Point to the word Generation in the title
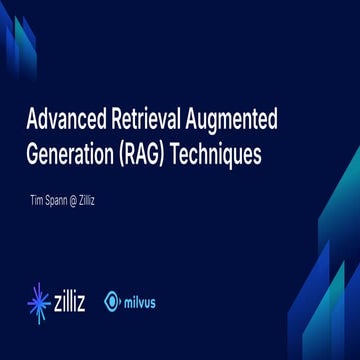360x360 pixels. (67, 157)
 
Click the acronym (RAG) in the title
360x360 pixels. (146, 157)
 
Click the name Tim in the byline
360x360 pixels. (40, 200)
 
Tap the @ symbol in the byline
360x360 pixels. (83, 200)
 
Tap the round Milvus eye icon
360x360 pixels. (114, 299)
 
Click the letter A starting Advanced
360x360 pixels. (30, 121)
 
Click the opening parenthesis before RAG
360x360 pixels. (121, 157)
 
